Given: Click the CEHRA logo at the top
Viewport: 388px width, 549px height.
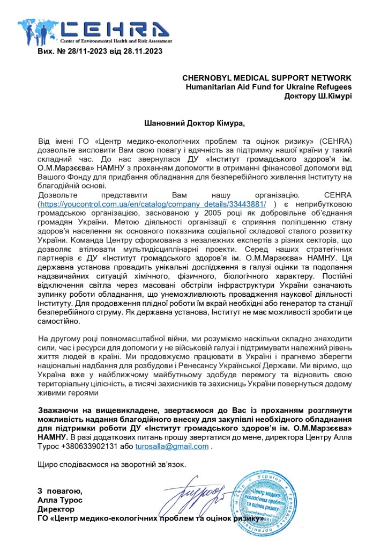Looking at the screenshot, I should [x=94, y=31].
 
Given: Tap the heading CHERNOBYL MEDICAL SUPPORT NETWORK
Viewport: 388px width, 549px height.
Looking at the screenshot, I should [x=267, y=78].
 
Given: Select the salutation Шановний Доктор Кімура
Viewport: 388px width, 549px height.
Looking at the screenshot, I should [x=194, y=123].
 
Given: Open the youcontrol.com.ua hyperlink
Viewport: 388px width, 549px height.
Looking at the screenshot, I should [x=152, y=204].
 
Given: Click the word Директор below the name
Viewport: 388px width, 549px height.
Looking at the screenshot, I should [x=56, y=509].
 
